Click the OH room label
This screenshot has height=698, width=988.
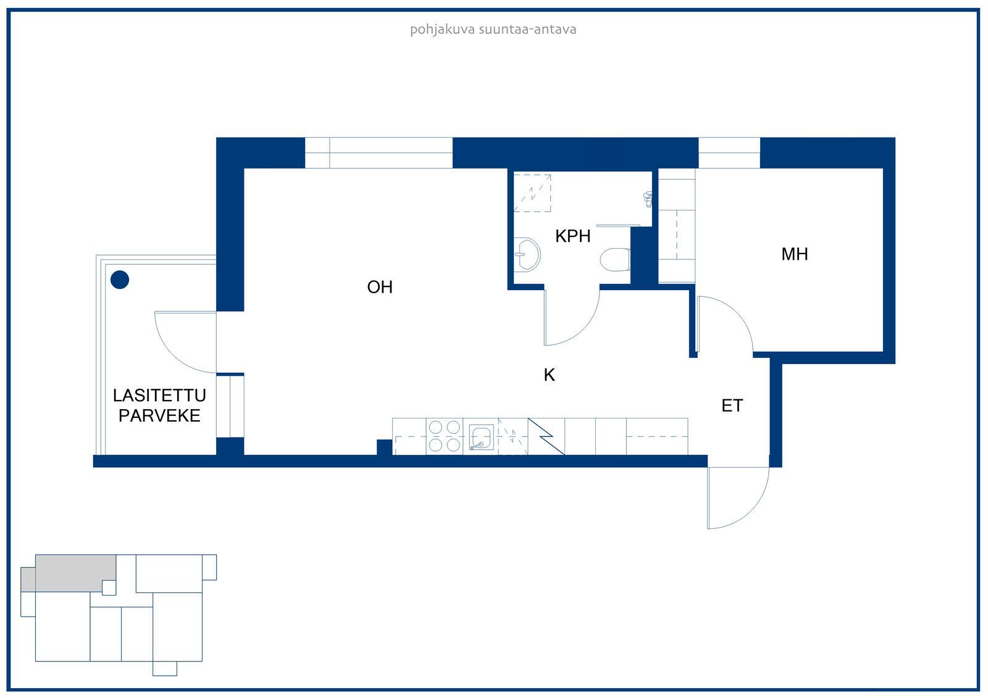(380, 287)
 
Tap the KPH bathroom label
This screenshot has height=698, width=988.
(572, 236)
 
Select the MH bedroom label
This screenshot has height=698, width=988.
(794, 254)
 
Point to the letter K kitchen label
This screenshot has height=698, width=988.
(549, 375)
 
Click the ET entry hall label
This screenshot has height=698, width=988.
(732, 405)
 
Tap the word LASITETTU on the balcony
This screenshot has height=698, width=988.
(159, 396)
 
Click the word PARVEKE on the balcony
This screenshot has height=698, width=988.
(159, 416)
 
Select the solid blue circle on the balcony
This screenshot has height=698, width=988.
(120, 280)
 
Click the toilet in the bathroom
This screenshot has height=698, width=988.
(615, 259)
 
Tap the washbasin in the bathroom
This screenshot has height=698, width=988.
(527, 254)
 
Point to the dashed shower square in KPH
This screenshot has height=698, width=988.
(532, 193)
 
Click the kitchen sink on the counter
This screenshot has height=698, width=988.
(481, 437)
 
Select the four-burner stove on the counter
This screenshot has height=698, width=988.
(444, 436)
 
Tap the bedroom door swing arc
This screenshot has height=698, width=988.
(735, 314)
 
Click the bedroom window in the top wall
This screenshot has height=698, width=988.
(729, 153)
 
